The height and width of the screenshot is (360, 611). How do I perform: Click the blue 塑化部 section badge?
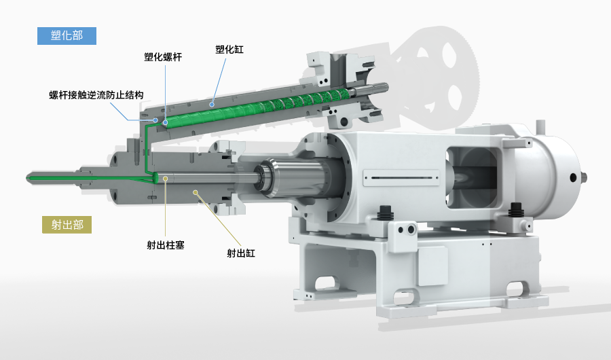coord(67,36)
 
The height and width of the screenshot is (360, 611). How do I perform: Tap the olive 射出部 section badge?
coord(67,225)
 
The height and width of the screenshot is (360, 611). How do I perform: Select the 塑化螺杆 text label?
coord(163,57)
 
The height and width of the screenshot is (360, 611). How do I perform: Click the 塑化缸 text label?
coord(229,50)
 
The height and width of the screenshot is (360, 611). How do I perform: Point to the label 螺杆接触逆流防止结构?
coord(96,95)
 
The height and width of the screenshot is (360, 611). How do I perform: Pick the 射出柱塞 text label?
coord(166,245)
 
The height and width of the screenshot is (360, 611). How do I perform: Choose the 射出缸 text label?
coord(241,253)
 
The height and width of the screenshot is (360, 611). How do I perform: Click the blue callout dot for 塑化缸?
coord(212,105)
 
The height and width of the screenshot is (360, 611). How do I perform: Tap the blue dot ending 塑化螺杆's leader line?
coord(165,122)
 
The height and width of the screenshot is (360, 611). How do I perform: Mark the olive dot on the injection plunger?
coord(165,179)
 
